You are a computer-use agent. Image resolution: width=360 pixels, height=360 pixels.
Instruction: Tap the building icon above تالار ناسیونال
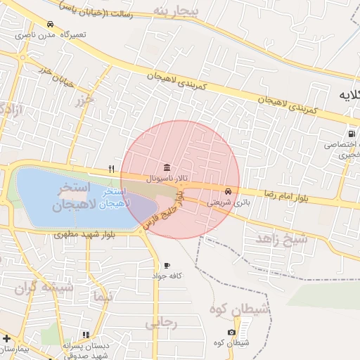point(166,167)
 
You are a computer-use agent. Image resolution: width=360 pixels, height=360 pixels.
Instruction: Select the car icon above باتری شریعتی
point(227,191)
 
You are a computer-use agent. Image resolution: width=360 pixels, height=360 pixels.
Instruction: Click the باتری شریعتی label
point(227,201)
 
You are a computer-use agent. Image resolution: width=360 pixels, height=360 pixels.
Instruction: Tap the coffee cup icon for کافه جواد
point(167,265)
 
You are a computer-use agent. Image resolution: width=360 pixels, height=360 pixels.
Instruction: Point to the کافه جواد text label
point(167,276)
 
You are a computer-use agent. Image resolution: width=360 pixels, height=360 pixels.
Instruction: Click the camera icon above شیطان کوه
point(232,332)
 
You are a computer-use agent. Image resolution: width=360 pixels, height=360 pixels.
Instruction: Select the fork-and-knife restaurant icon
point(111,169)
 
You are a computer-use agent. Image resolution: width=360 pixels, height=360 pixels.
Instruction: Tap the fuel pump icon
point(350,134)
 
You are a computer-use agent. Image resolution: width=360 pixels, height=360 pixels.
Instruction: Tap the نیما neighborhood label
point(101,297)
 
